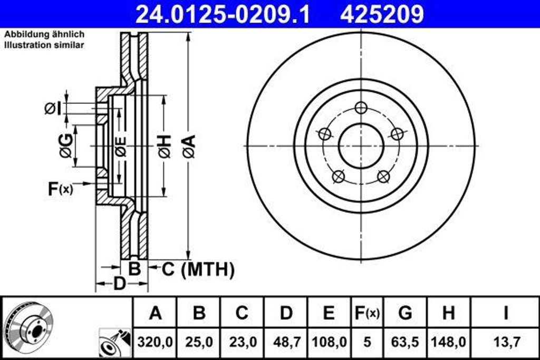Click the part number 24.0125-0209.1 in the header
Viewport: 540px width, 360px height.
coord(223,14)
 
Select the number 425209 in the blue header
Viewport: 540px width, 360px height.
coord(382,14)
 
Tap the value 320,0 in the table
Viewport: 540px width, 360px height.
coord(155,342)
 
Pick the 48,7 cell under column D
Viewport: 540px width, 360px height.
coord(286,342)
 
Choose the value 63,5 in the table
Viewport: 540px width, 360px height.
coord(405,342)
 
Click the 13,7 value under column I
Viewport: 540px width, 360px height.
coord(505,342)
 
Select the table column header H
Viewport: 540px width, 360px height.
coord(448,313)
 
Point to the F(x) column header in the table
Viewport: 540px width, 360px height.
coord(367,313)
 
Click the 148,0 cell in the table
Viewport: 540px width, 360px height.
coord(448,342)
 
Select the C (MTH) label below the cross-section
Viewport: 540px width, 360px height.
coord(197,270)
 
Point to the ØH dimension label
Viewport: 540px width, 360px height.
coord(164,146)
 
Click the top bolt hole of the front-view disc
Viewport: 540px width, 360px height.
coord(361,108)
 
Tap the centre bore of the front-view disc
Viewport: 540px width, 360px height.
coord(361,146)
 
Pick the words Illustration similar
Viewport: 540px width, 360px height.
coord(44,45)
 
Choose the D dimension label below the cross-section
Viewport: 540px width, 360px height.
coord(120,284)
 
